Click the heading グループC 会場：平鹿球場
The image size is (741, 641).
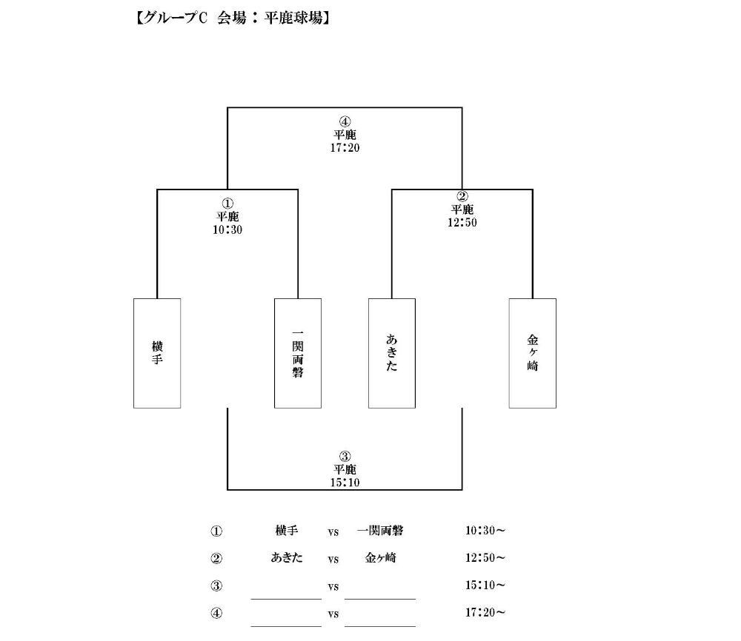point(233,19)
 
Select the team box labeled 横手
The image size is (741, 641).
point(157,353)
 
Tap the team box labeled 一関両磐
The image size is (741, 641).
point(298,353)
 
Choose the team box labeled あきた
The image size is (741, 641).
point(392,353)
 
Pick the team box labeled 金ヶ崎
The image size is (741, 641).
point(533,353)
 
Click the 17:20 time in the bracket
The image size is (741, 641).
point(345,148)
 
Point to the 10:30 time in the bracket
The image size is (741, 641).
point(227,230)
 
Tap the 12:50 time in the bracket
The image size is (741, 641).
point(462,222)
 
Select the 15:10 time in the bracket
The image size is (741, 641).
point(345,483)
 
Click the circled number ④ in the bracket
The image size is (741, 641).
point(345,122)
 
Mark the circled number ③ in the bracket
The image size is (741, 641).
point(345,457)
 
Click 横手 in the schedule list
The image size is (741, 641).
point(286,531)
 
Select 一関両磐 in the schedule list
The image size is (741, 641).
point(380,531)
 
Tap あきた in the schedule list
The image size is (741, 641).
point(286,558)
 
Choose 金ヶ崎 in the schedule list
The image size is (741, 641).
point(380,558)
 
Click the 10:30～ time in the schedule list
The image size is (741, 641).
point(485,531)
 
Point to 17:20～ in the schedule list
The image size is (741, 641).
point(485,613)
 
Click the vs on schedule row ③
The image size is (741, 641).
point(333,587)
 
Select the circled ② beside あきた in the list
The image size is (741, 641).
point(216,559)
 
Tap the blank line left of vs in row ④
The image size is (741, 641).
point(286,626)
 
